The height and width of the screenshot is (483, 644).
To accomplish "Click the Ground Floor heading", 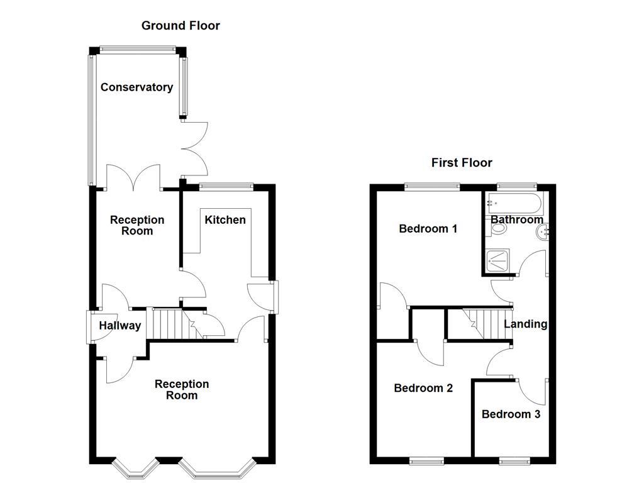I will [x=180, y=26].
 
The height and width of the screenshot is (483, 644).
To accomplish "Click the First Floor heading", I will [x=462, y=163].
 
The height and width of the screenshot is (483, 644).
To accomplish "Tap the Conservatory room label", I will [x=136, y=87].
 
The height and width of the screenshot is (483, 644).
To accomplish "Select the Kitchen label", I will [x=225, y=220].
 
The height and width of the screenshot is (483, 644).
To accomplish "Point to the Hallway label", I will [x=119, y=326].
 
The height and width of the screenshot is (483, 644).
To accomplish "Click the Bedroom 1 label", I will [x=428, y=229].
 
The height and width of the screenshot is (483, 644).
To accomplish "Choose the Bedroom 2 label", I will [x=423, y=388].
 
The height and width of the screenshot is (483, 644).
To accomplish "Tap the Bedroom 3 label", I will [x=511, y=414].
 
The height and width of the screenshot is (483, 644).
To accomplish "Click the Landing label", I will [x=525, y=325].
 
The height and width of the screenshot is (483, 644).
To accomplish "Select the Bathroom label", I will [x=516, y=220].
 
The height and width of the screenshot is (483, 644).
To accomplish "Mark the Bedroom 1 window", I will [x=432, y=186].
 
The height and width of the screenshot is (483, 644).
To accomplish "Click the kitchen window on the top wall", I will [x=226, y=186].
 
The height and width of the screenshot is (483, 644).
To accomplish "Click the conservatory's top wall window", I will [x=137, y=49].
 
